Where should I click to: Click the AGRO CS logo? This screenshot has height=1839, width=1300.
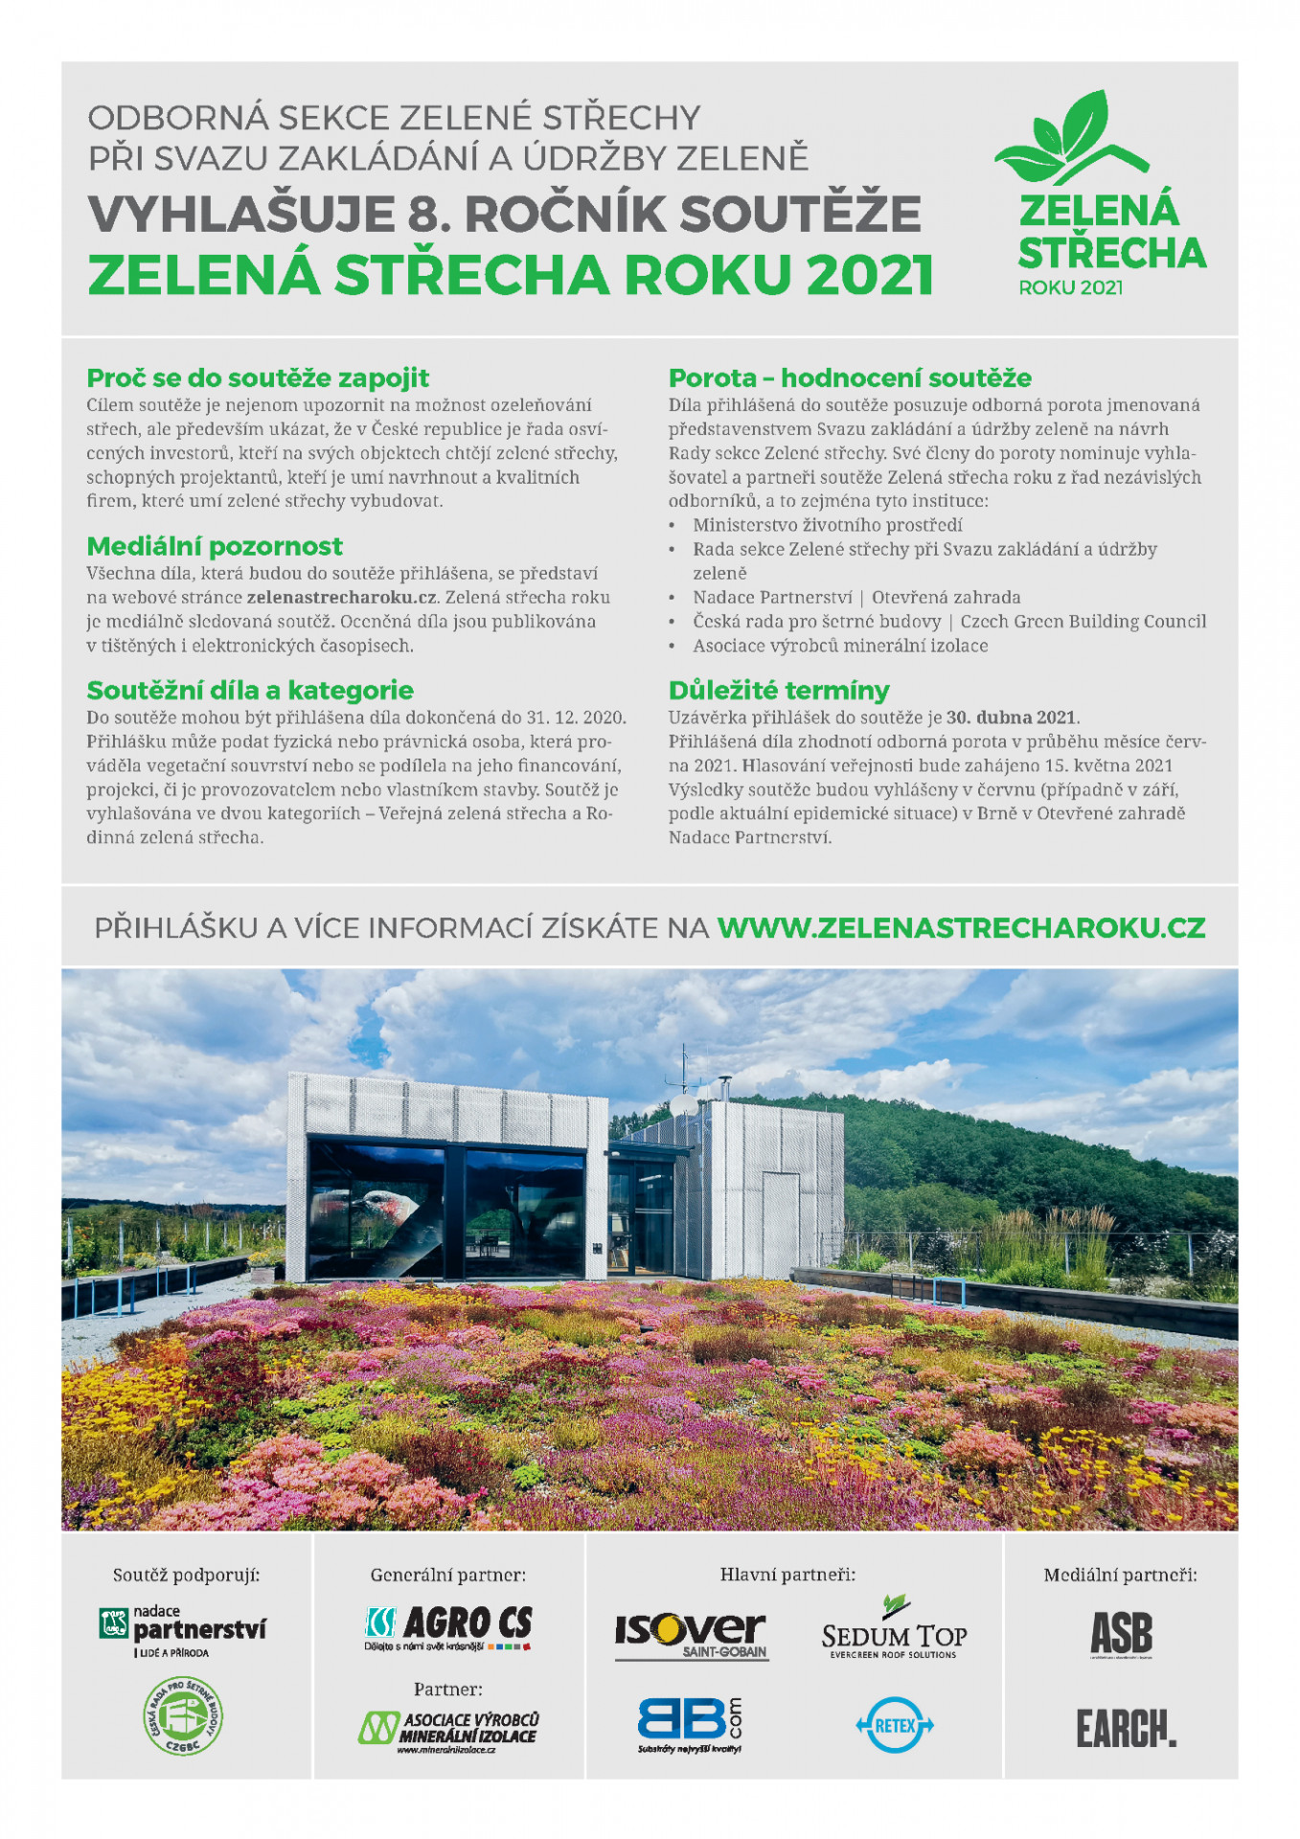click(448, 1625)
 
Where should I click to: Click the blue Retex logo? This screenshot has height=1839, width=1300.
click(894, 1725)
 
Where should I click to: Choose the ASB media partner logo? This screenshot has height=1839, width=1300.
click(1121, 1633)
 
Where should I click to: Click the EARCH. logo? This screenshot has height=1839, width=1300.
click(1126, 1728)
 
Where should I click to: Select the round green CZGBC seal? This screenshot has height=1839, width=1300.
click(183, 1715)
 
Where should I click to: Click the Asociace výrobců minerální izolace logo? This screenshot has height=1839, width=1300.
click(448, 1730)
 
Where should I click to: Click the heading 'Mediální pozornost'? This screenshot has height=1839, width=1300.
click(215, 546)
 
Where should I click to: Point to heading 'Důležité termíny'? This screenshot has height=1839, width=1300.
click(779, 690)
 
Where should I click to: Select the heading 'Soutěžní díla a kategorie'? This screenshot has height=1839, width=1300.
click(250, 690)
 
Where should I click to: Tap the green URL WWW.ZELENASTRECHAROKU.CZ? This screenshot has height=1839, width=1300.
click(961, 927)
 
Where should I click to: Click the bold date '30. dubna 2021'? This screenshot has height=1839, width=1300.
click(1012, 717)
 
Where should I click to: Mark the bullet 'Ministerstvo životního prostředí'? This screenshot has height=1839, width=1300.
click(828, 525)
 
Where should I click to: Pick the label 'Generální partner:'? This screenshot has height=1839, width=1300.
click(448, 1575)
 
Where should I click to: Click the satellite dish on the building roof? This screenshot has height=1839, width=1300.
click(684, 1102)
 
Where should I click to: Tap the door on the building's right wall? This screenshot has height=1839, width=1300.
click(781, 1223)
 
